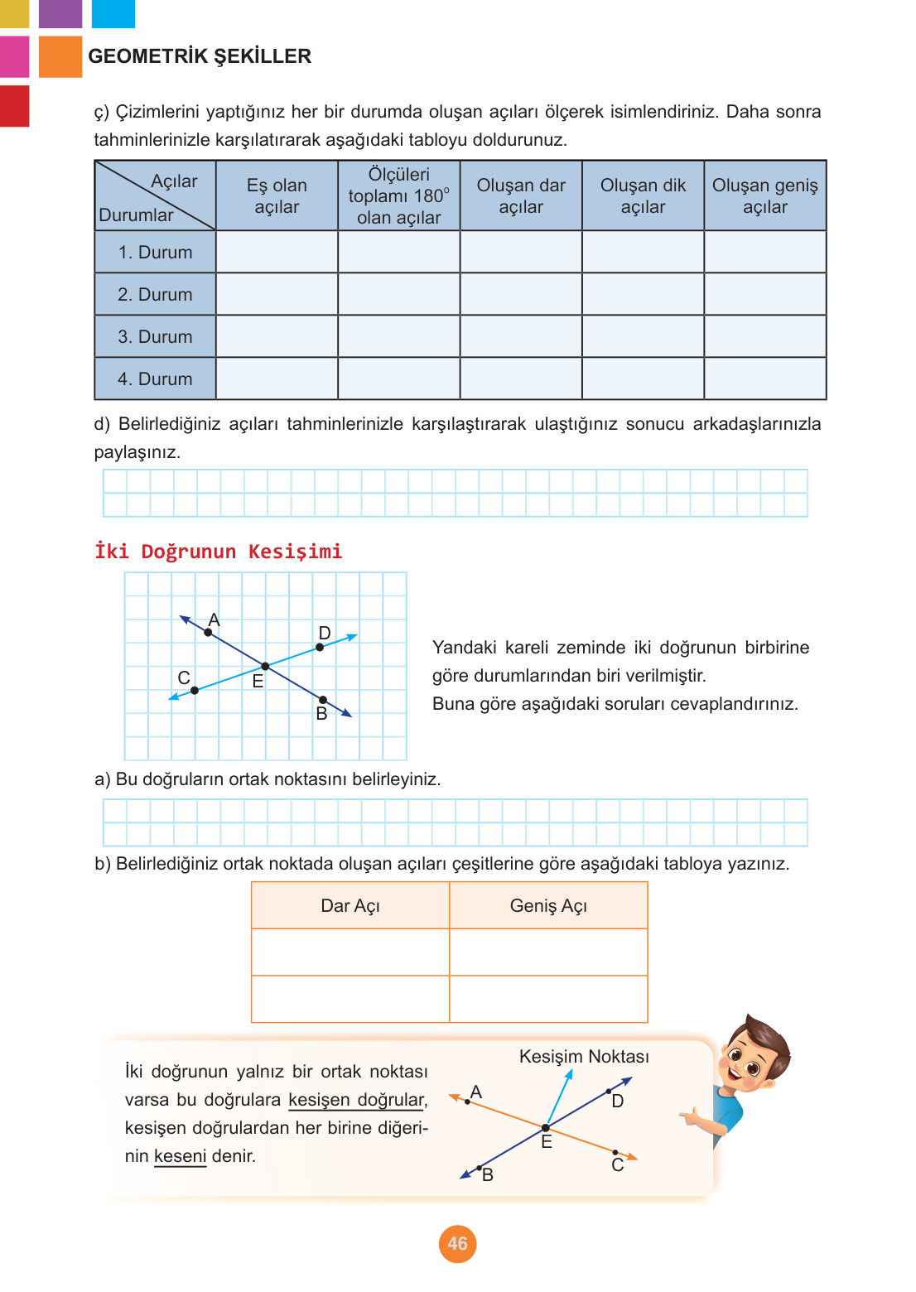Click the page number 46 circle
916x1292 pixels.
point(457,1243)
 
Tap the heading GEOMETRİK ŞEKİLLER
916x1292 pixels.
point(200,56)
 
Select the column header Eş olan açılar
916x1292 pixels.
point(277,196)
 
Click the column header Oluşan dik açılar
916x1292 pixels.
point(643,196)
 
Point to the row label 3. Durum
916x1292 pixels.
point(155,336)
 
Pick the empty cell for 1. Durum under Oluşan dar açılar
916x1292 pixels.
point(521,252)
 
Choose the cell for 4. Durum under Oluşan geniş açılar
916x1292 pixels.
point(764,378)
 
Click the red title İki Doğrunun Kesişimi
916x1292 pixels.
point(219,552)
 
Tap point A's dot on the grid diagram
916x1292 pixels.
point(208,633)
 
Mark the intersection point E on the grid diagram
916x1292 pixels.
point(265,666)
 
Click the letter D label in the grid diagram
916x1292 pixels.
point(325,633)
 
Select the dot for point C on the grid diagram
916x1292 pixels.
point(195,690)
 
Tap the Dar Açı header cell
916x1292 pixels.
point(350,906)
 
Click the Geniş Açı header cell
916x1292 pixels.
point(548,906)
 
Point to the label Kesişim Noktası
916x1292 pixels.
point(584,1057)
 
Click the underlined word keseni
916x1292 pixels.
point(180,1156)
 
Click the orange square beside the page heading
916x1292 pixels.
point(60,56)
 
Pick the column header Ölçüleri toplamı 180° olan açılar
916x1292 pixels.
point(398,196)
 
